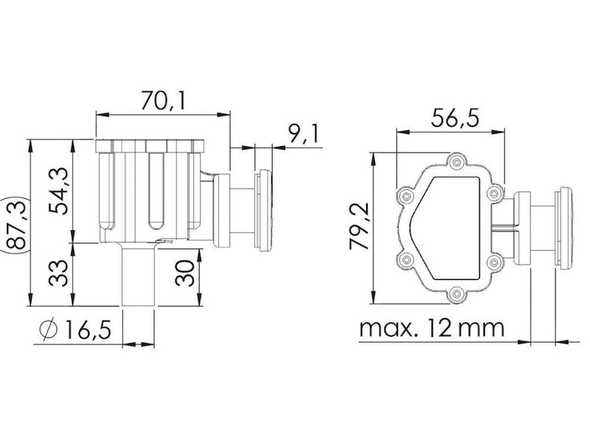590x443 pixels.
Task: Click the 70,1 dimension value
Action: tap(163, 100)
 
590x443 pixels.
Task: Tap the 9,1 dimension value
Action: tap(303, 133)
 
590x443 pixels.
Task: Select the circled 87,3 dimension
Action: tap(16, 225)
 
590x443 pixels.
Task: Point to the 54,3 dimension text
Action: tap(58, 191)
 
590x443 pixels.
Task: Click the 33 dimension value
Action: tap(58, 273)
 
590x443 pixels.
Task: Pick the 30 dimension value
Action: tap(184, 273)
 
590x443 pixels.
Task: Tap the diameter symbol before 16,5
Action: tap(48, 329)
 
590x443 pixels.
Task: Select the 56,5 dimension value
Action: tap(455, 118)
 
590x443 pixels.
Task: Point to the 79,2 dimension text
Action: tap(358, 226)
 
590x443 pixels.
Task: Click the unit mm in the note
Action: tap(481, 329)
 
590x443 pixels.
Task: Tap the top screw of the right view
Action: tap(456, 162)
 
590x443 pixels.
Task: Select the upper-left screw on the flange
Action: tap(406, 196)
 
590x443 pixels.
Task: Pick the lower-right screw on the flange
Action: tap(494, 261)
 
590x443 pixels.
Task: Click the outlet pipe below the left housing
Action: tap(139, 277)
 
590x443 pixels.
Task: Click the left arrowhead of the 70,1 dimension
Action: tap(102, 115)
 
